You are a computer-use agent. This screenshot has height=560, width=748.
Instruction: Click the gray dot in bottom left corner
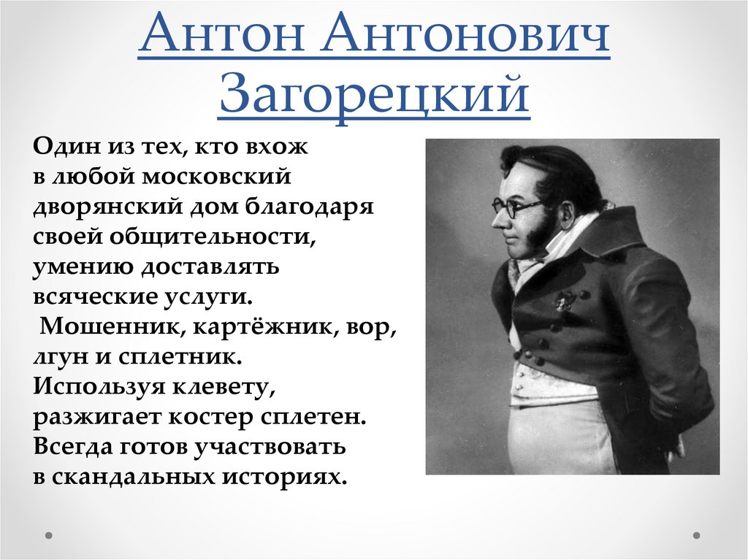point(50,535)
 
